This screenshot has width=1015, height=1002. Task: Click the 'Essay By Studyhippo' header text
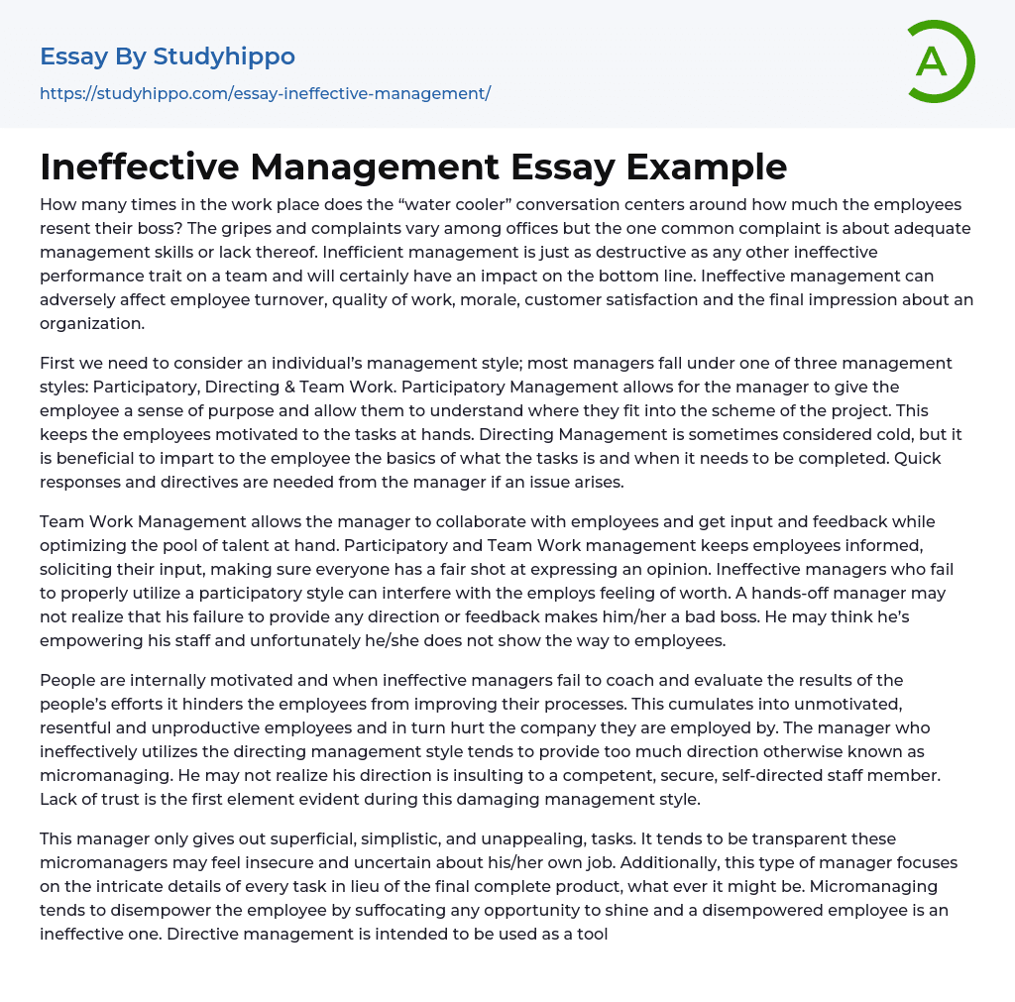[168, 56]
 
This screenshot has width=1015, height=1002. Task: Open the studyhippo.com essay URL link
[265, 93]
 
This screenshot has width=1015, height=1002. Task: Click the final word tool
[592, 934]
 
